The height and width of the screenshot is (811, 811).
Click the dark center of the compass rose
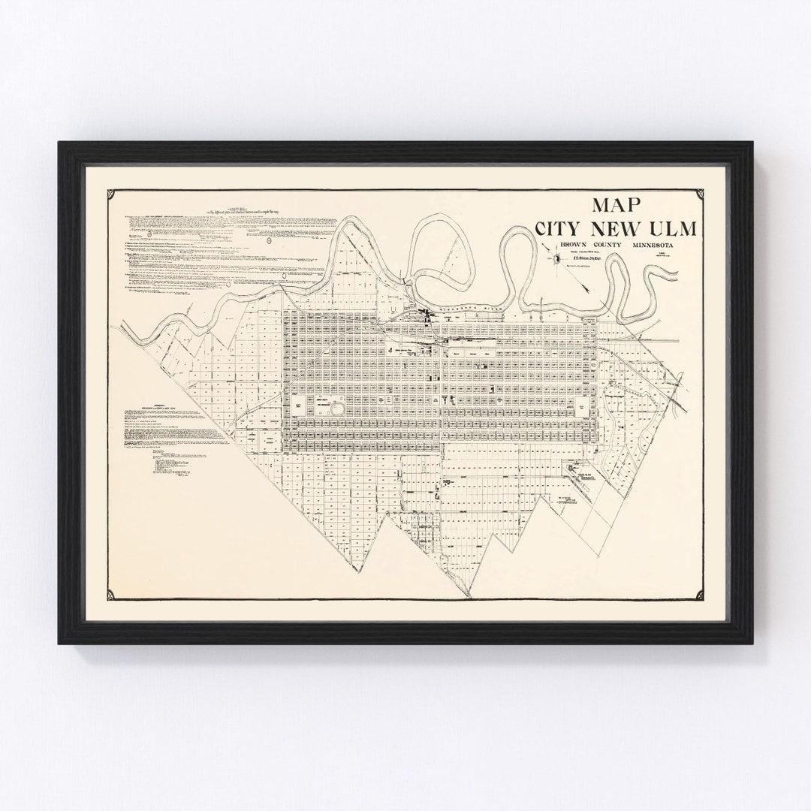tap(556, 259)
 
